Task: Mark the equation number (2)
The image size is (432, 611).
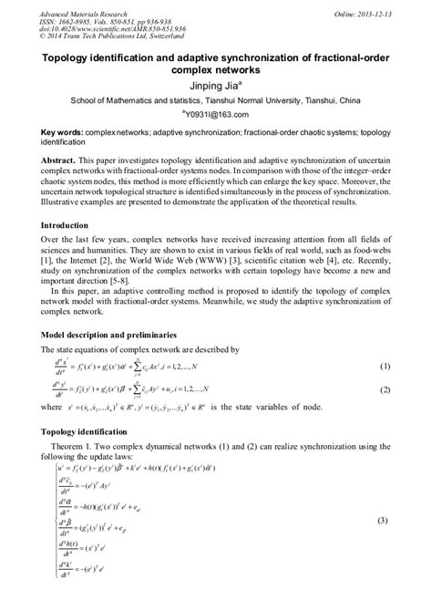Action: tap(384, 388)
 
